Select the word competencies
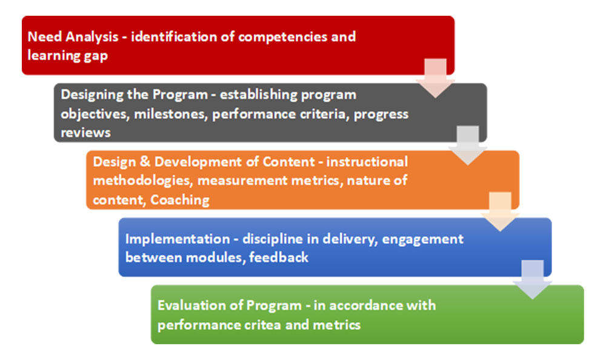tap(282, 36)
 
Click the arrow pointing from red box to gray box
tap(435, 77)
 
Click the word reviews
tap(85, 132)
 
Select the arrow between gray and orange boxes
tap(467, 145)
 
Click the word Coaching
tap(180, 199)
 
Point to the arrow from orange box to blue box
tap(500, 212)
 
